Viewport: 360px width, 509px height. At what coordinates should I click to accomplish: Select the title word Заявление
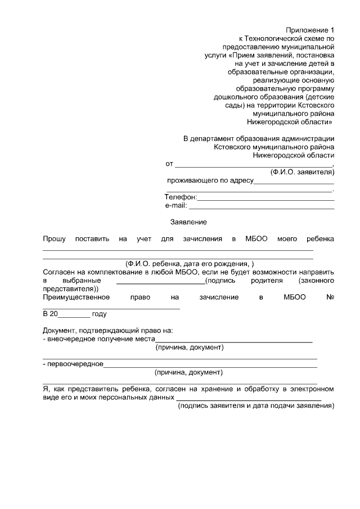[188, 222]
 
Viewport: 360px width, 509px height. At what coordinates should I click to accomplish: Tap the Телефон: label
[180, 197]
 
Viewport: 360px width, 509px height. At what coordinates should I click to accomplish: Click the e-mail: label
[175, 206]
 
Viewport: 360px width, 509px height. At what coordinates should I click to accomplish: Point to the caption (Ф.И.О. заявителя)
[302, 172]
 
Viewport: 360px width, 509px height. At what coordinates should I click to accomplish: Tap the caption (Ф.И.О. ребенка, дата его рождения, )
[190, 264]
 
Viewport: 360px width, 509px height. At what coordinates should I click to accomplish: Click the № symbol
[331, 297]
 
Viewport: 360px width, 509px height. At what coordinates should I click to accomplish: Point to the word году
[99, 314]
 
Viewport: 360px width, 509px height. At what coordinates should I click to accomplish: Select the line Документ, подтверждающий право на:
[108, 330]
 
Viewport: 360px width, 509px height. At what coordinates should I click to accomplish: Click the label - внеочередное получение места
[99, 339]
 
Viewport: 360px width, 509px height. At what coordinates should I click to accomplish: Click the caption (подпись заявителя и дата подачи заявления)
[256, 406]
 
